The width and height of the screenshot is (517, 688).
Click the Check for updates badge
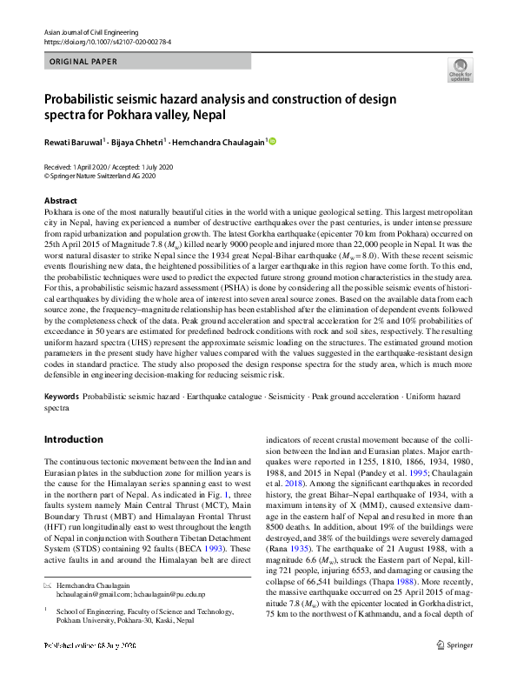click(460, 69)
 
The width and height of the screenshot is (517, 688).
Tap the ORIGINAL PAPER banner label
click(84, 63)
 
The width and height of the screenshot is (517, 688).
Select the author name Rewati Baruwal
click(75, 142)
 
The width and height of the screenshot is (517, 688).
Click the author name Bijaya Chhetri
click(139, 142)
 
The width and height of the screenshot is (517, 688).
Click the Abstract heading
click(60, 201)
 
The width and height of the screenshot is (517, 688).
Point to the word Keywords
click(63, 396)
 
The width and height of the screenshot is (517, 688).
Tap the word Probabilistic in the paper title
click(85, 97)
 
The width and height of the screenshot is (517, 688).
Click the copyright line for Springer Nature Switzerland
click(100, 176)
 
